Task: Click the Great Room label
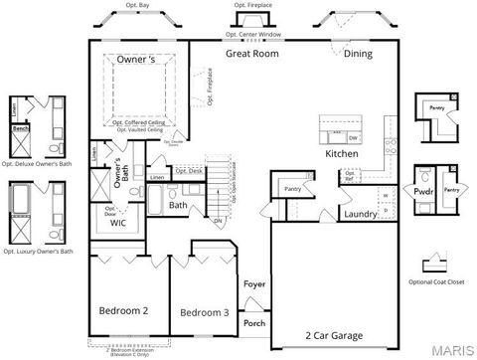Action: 251,54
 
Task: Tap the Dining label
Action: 359,54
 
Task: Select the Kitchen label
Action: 342,155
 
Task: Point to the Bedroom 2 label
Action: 123,311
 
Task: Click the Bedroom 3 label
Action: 205,313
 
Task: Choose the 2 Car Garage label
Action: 334,335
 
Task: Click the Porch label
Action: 255,322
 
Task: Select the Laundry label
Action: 360,214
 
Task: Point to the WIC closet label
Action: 118,225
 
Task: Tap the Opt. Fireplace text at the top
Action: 252,5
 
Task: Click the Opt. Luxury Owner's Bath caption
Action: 38,253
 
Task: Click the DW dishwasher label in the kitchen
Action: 354,137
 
